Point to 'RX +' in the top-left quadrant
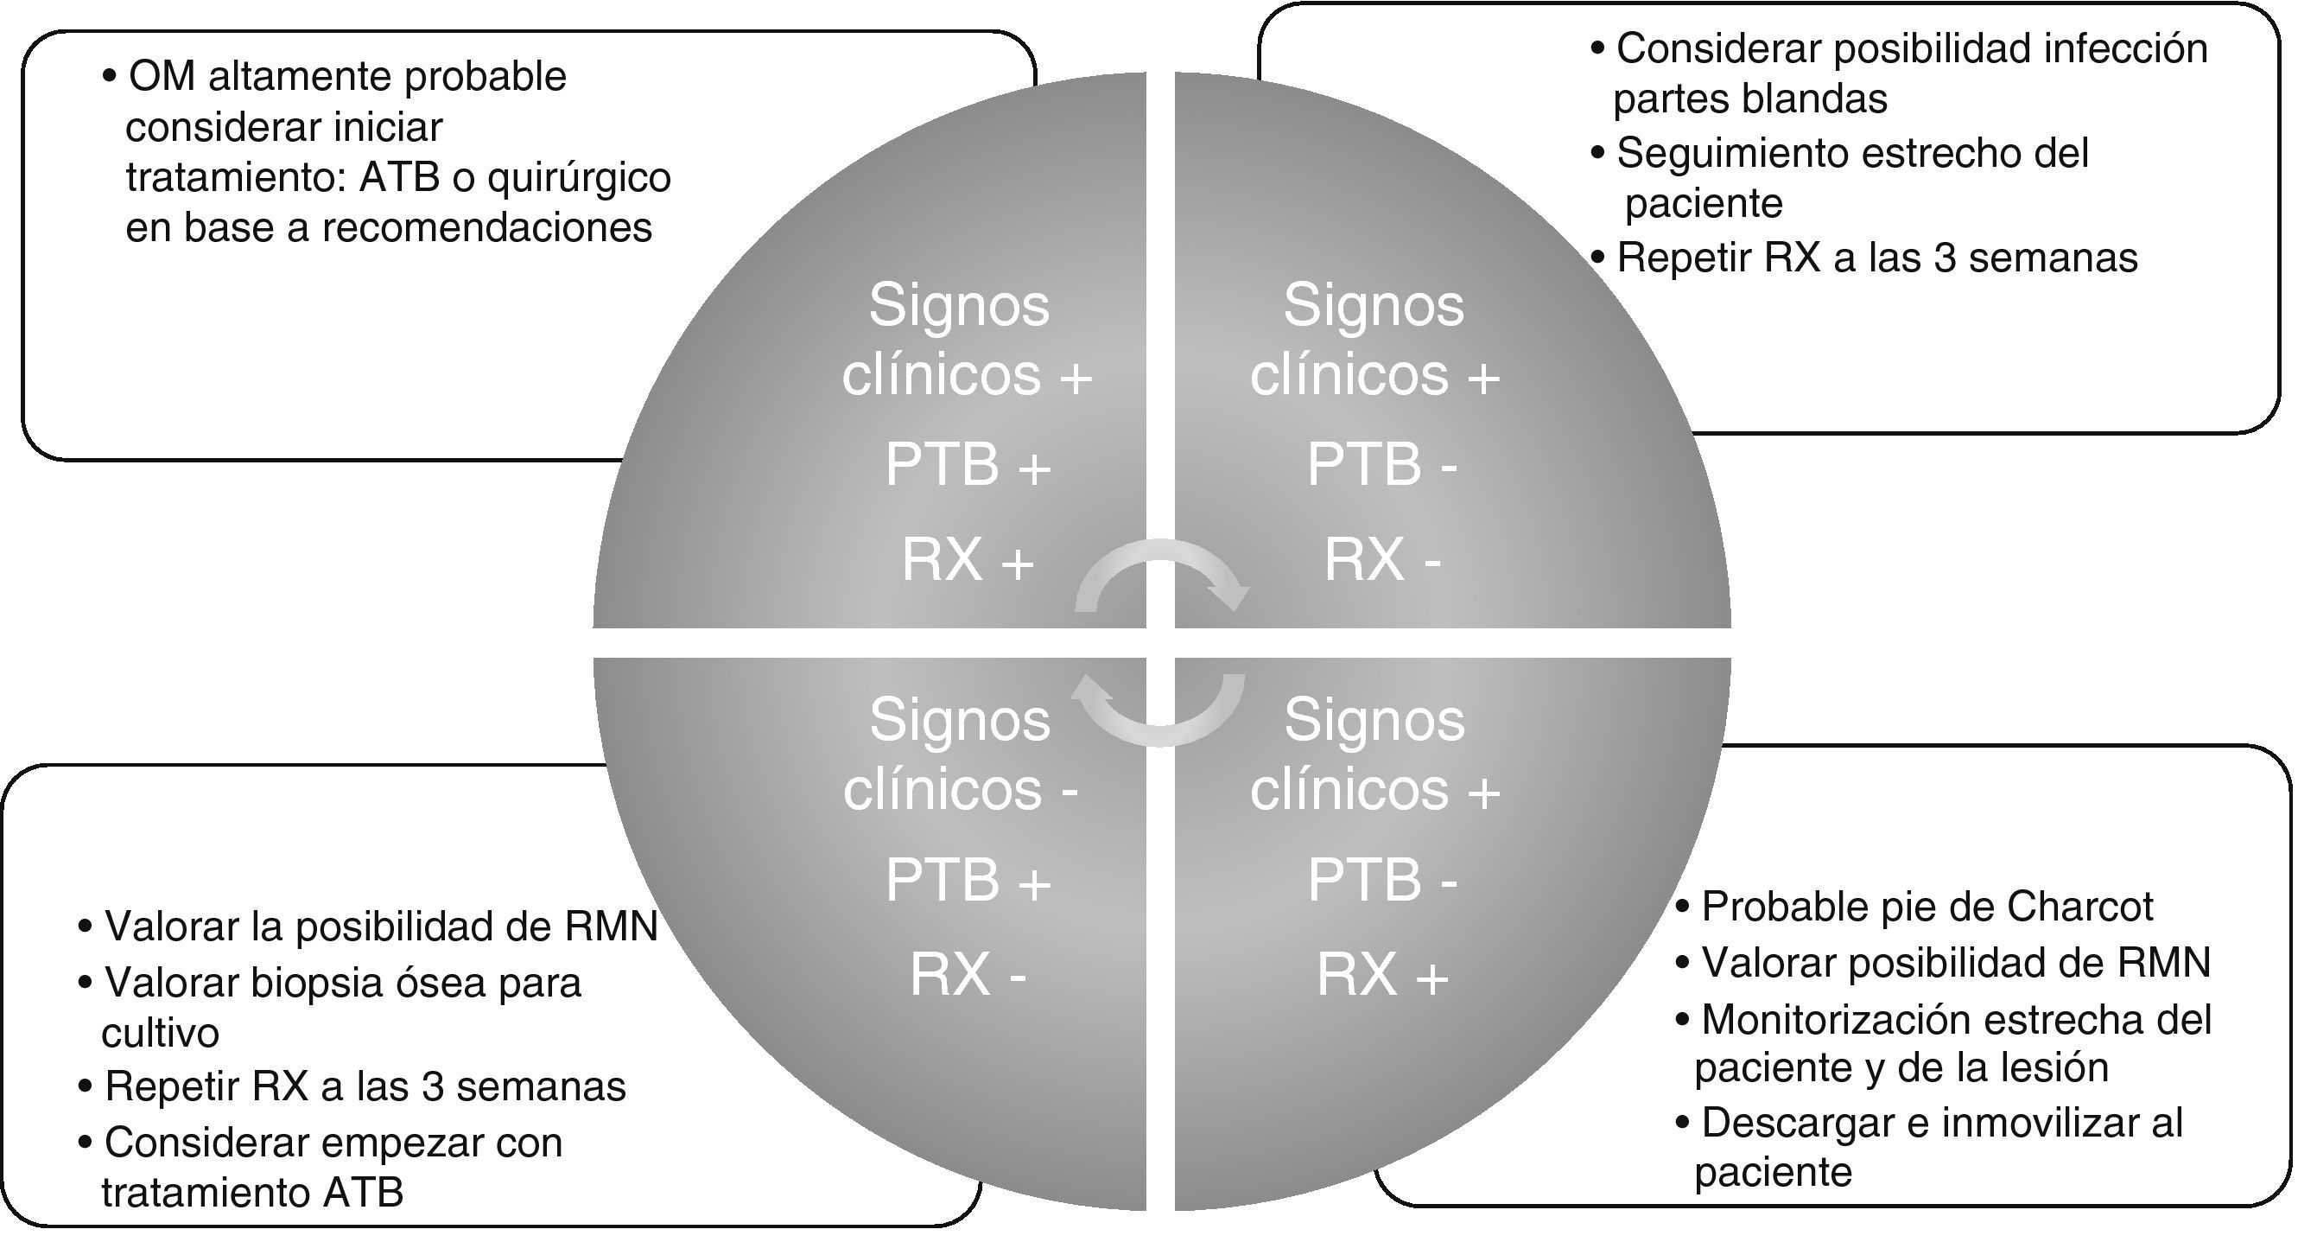click(968, 560)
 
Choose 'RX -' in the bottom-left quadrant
click(968, 974)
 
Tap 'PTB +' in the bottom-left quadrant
click(968, 880)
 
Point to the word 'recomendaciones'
click(486, 228)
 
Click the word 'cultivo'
click(161, 1033)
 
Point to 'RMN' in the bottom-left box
click(611, 927)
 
